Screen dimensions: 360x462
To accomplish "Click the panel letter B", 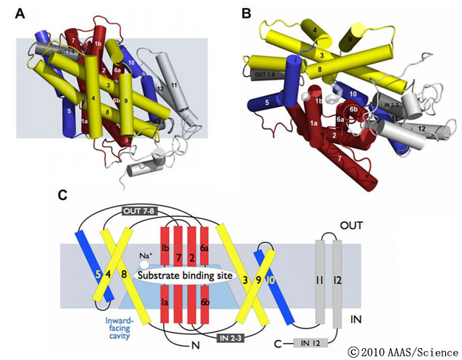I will click(246, 13).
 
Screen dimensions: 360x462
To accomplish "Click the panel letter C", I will click(63, 195).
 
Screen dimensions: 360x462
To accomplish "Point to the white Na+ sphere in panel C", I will click(146, 263).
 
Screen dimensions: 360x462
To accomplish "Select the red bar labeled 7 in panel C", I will click(179, 255).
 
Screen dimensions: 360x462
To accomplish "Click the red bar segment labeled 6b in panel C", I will click(204, 304).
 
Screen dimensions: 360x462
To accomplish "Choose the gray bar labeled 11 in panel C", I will click(321, 281).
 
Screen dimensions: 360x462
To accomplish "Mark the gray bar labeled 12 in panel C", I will click(337, 281).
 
